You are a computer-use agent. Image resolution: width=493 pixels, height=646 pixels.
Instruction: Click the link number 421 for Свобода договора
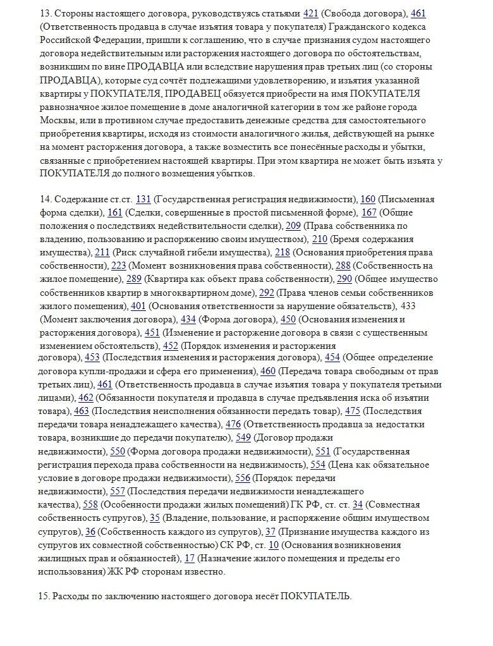click(x=311, y=13)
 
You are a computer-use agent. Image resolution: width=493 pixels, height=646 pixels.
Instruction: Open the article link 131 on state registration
click(x=143, y=200)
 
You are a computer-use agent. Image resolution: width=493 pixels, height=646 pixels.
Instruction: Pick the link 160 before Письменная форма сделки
click(x=368, y=200)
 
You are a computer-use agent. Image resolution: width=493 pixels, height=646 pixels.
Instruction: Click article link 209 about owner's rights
click(x=293, y=226)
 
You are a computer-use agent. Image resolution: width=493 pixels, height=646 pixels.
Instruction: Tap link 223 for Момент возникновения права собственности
click(x=119, y=265)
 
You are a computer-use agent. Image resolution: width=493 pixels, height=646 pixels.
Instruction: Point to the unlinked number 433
click(x=408, y=306)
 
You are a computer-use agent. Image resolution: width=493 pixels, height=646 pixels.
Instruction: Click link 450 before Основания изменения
click(x=288, y=319)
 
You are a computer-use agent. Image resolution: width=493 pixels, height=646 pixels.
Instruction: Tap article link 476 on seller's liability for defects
click(x=233, y=424)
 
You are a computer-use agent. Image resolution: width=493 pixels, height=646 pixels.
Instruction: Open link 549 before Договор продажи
click(x=243, y=437)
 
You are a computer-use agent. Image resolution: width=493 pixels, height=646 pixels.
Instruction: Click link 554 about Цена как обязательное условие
click(x=318, y=465)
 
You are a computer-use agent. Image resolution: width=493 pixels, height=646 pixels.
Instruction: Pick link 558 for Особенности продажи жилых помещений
click(x=90, y=504)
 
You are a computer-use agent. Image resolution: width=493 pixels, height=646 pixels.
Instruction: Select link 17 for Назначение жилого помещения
click(x=189, y=559)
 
